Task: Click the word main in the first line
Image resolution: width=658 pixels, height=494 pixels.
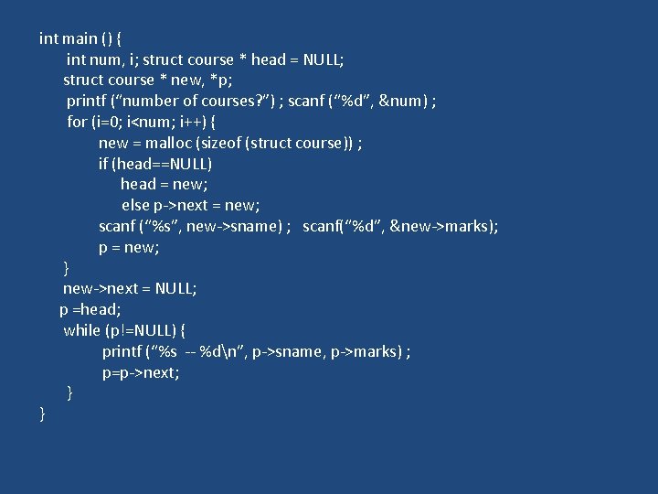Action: pyautogui.click(x=80, y=38)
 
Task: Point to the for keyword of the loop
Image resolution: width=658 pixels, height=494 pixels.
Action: pyautogui.click(x=77, y=122)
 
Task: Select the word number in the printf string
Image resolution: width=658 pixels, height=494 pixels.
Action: pyautogui.click(x=153, y=101)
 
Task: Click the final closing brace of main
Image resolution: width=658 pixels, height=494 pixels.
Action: pyautogui.click(x=42, y=414)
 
